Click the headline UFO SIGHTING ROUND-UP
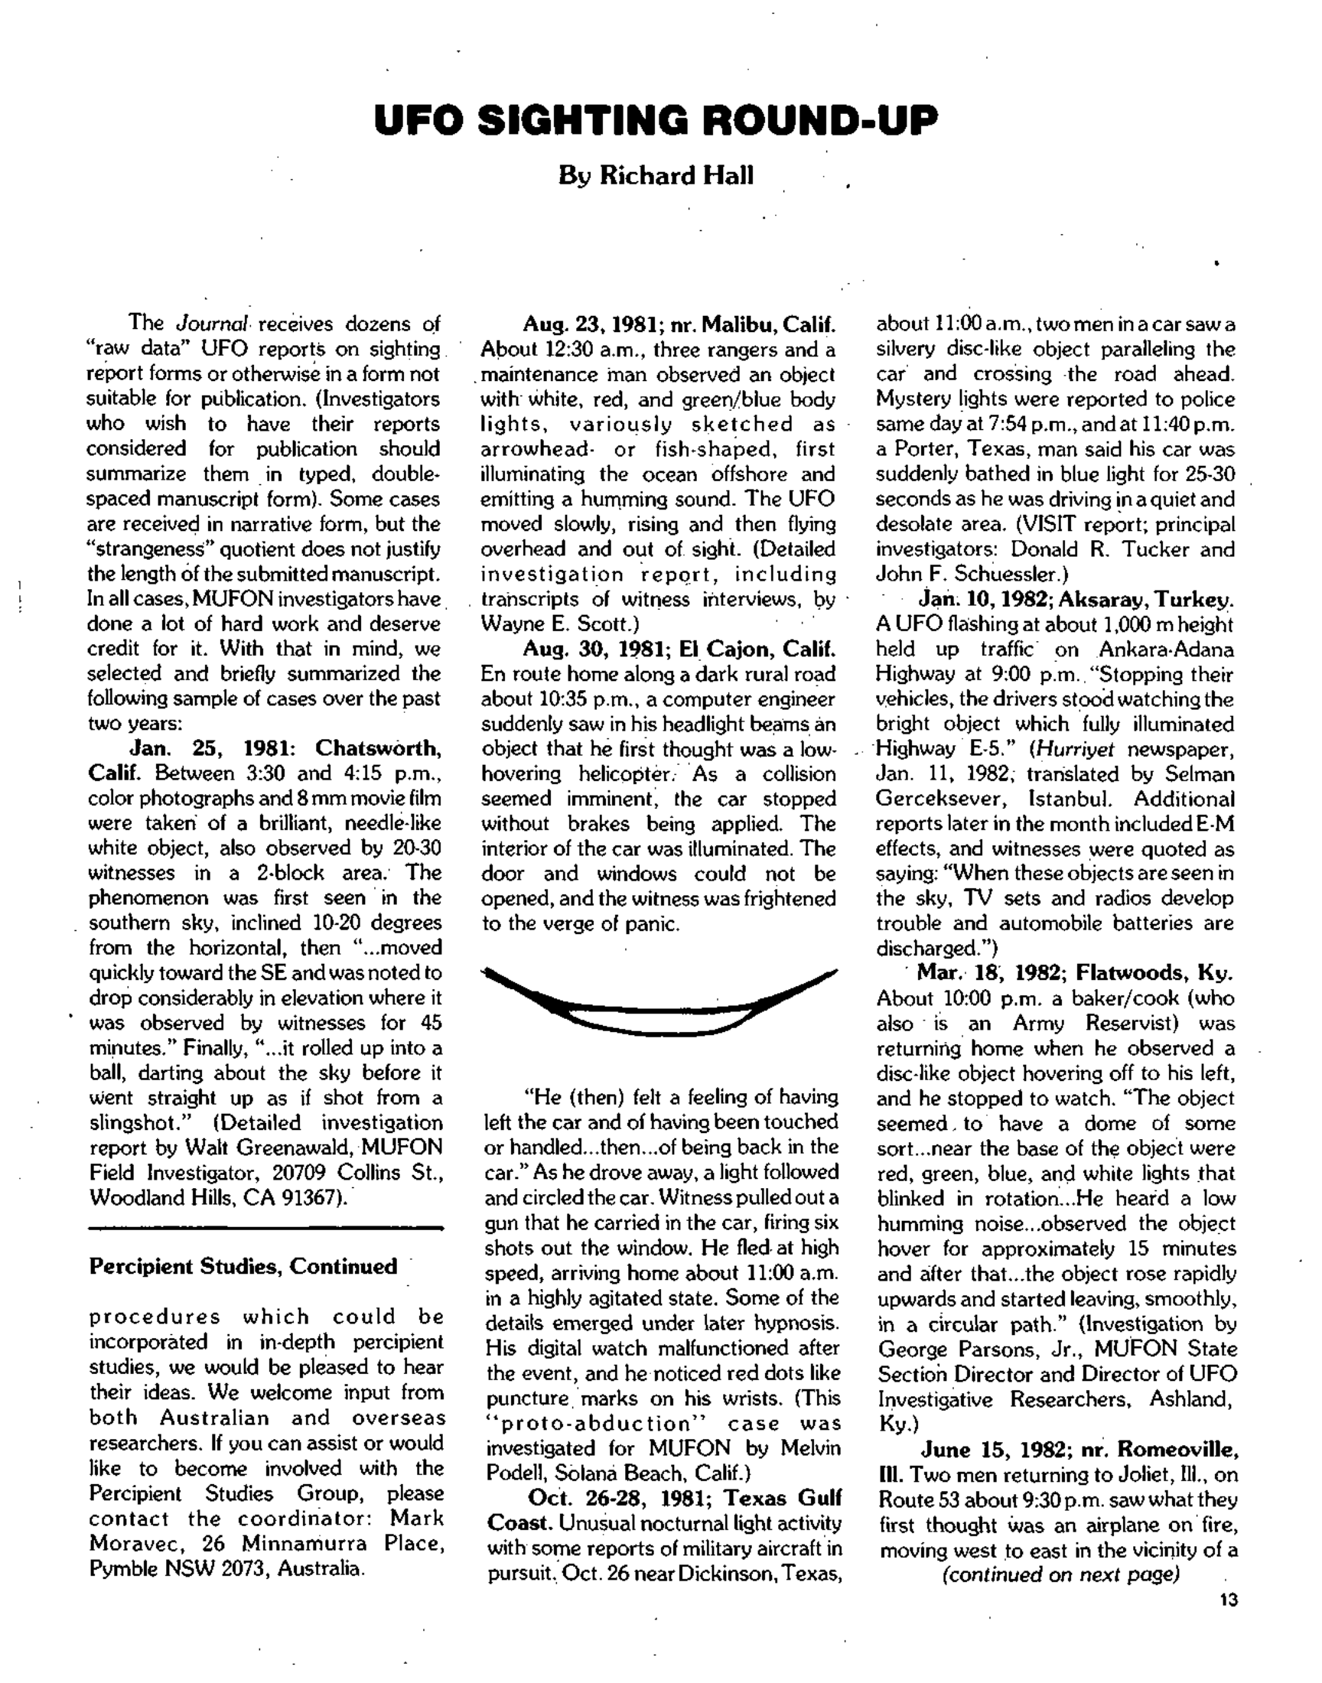click(656, 121)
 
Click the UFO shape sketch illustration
click(658, 1001)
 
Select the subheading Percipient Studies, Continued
click(243, 1267)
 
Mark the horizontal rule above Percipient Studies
click(265, 1227)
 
